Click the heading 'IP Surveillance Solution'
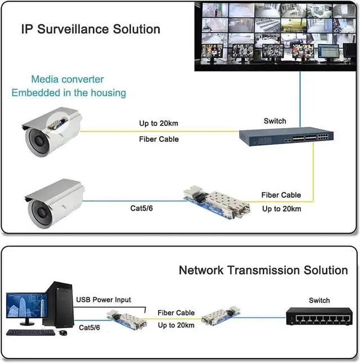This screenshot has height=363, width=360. (x=91, y=29)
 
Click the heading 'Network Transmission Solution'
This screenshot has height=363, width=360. (x=263, y=270)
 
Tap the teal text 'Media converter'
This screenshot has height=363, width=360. (x=67, y=79)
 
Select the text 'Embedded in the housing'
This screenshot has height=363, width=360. (x=69, y=92)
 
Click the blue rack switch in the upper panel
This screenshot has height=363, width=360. (x=286, y=136)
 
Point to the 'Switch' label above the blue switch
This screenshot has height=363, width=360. (x=274, y=121)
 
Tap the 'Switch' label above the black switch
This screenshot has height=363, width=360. (x=319, y=301)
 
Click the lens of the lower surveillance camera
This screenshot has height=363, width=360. (x=40, y=211)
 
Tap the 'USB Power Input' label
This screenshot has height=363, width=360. (x=103, y=300)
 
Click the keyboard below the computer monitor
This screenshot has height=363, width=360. (x=31, y=332)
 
